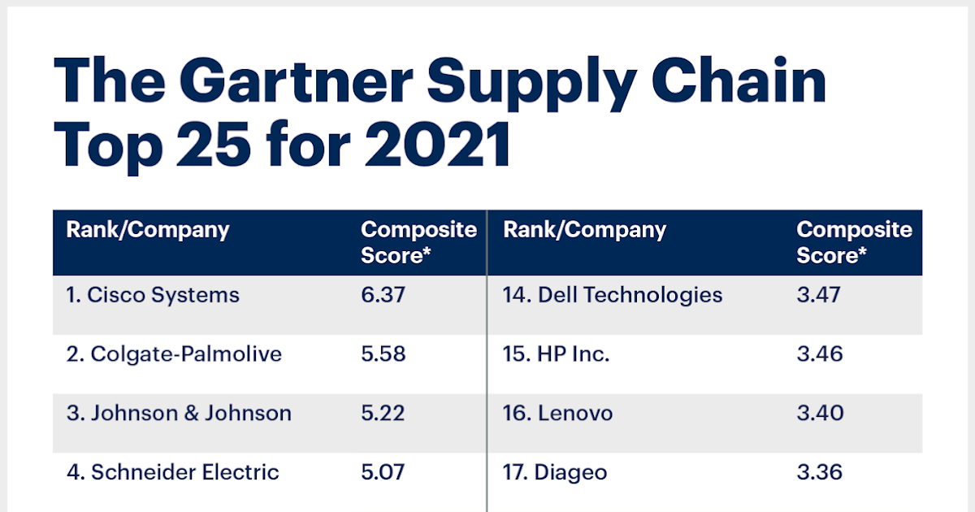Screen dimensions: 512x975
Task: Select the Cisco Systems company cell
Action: click(153, 294)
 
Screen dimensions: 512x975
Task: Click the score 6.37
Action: click(383, 294)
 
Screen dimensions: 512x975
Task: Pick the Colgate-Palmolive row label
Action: click(174, 354)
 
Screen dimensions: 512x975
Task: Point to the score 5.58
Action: click(383, 354)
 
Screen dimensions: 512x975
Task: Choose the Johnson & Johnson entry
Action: click(179, 413)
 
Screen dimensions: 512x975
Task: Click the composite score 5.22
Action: click(383, 413)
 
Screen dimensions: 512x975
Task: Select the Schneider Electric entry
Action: click(172, 472)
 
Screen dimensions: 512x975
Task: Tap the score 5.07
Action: click(383, 472)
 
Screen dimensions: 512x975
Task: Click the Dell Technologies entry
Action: click(613, 294)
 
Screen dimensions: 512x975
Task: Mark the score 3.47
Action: click(819, 294)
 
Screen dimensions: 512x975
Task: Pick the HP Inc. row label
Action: click(556, 354)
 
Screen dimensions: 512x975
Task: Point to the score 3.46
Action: click(819, 354)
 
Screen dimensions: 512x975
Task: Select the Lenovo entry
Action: click(557, 413)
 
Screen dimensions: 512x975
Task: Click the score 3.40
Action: click(819, 413)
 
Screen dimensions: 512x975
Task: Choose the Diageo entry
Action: click(555, 472)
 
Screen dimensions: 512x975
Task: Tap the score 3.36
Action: click(819, 472)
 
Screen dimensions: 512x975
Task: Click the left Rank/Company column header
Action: click(148, 230)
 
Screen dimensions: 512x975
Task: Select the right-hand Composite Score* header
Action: click(854, 242)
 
